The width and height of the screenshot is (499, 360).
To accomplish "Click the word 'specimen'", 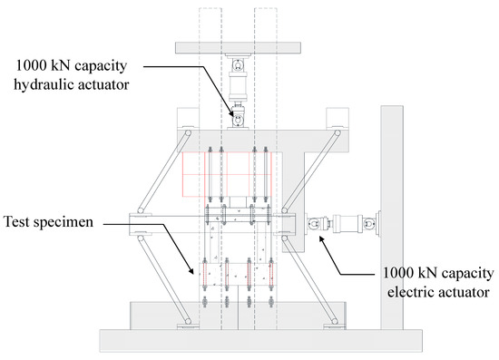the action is [x=64, y=222].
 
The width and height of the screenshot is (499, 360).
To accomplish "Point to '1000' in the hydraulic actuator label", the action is [x=31, y=66].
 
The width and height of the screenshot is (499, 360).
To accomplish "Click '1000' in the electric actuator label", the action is [x=397, y=273].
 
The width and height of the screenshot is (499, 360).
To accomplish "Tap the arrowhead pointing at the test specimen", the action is [x=191, y=270].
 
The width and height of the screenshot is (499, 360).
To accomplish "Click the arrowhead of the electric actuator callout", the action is [x=322, y=238].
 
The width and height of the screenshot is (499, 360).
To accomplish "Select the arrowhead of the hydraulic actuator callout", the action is [x=232, y=113].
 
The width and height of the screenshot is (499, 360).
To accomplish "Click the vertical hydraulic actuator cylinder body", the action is [x=238, y=83].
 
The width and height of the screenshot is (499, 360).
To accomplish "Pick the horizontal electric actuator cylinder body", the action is [x=345, y=222].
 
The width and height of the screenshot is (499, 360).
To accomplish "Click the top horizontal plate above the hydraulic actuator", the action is [x=238, y=48].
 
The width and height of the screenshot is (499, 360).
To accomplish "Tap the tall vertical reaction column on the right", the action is [x=392, y=218].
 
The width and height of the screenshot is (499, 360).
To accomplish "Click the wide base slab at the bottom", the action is [x=261, y=341].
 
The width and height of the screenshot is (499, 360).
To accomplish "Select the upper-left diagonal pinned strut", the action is [x=164, y=171].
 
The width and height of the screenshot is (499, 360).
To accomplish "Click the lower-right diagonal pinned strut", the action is [x=309, y=279].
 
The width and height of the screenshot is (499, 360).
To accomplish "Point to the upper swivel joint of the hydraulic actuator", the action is [x=238, y=65].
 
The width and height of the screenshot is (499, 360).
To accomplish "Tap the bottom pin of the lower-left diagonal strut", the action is [x=189, y=322].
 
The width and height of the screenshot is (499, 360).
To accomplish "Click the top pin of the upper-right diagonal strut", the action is [x=338, y=132].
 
